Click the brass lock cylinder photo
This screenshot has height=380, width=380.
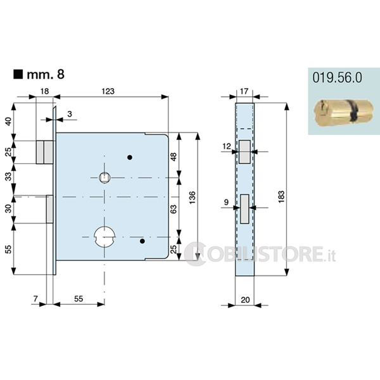(343, 113)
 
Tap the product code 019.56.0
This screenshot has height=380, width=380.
(337, 78)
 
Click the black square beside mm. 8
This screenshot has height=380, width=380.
(18, 74)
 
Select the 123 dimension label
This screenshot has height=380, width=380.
(108, 91)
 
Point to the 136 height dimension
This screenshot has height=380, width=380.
(192, 198)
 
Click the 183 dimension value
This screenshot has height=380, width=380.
(281, 197)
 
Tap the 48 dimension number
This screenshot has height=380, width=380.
(174, 157)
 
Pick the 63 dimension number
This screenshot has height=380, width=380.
(174, 209)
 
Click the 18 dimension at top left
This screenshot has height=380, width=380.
(44, 91)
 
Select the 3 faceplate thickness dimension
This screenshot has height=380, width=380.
(70, 114)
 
